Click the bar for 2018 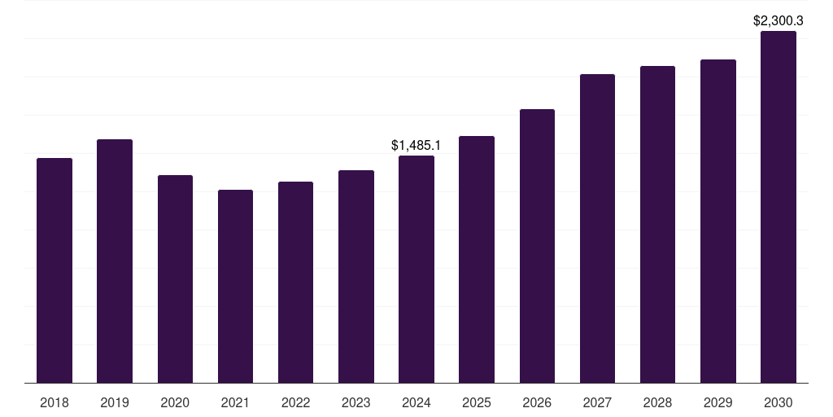point(55,270)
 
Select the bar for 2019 point(115,261)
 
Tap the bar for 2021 point(235,286)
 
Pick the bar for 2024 point(416,269)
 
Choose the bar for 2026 point(537,246)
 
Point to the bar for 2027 point(597,228)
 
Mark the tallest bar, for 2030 point(778,207)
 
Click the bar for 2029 point(718,221)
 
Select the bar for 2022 point(295,282)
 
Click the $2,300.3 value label point(778,21)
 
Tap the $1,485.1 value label point(416,146)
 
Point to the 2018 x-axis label point(55,402)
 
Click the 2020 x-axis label point(175,402)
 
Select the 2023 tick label point(356,402)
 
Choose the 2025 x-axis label point(477,402)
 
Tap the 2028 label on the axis point(657,402)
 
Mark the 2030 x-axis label point(778,402)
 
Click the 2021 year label point(235,402)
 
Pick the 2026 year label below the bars point(537,402)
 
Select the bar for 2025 point(477,259)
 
